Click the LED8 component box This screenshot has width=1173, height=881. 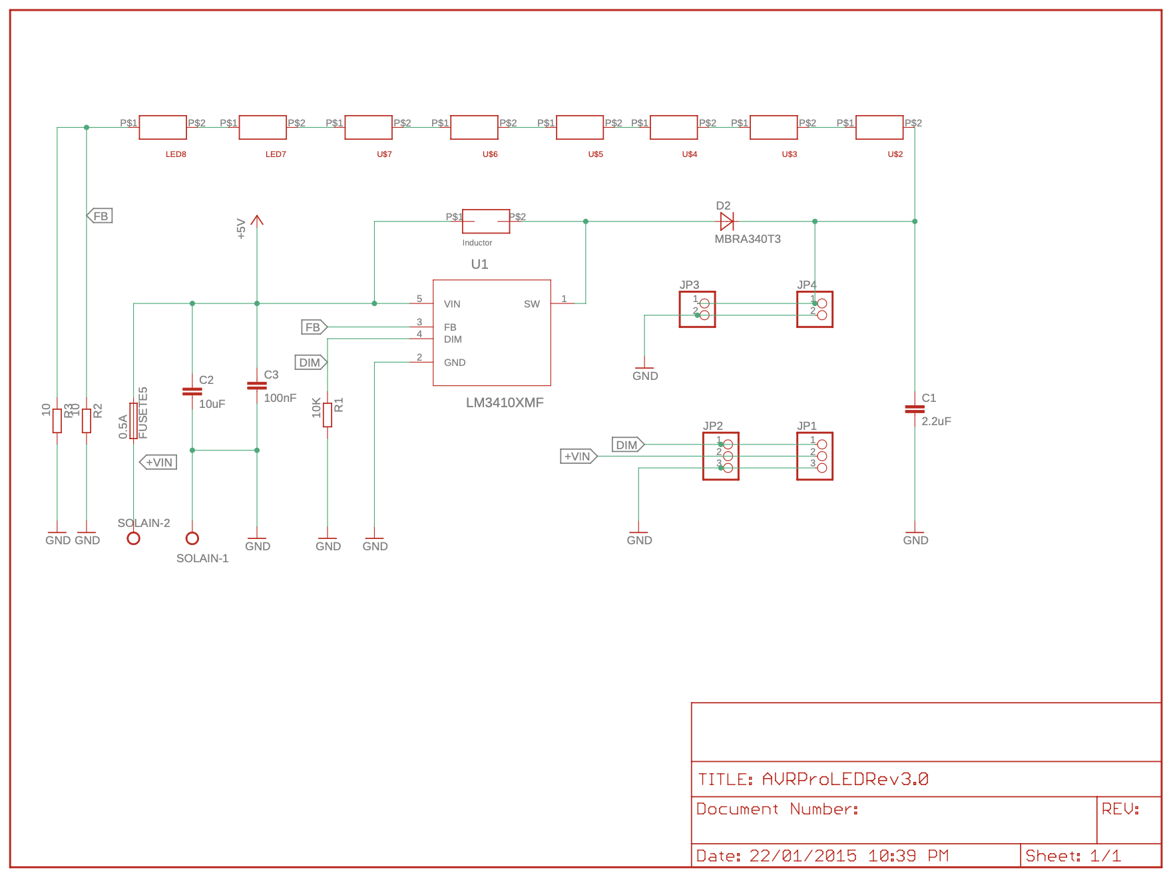pyautogui.click(x=162, y=127)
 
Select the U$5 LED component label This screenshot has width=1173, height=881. pyautogui.click(x=595, y=154)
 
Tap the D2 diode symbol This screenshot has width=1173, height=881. pyautogui.click(x=726, y=222)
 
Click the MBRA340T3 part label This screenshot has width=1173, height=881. pyautogui.click(x=747, y=239)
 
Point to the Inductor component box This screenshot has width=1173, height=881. pyautogui.click(x=486, y=221)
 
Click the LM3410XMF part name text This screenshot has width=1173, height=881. pyautogui.click(x=505, y=403)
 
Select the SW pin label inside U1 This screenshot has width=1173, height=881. pyautogui.click(x=531, y=304)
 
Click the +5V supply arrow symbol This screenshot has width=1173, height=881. pyautogui.click(x=257, y=220)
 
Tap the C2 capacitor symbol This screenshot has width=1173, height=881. pyautogui.click(x=192, y=391)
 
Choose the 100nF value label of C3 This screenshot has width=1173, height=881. pyautogui.click(x=280, y=398)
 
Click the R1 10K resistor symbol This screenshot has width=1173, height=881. pyautogui.click(x=328, y=415)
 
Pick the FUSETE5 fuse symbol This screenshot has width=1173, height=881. pyautogui.click(x=134, y=421)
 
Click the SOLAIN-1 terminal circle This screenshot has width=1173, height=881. pyautogui.click(x=192, y=538)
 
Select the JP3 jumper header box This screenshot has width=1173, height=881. pyautogui.click(x=697, y=309)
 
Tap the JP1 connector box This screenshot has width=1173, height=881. pyautogui.click(x=814, y=456)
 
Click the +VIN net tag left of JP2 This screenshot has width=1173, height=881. pyautogui.click(x=578, y=456)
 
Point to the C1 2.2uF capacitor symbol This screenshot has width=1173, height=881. pyautogui.click(x=915, y=409)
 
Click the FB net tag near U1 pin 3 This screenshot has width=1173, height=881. pyautogui.click(x=313, y=327)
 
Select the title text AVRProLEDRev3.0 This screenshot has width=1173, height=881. pyautogui.click(x=845, y=779)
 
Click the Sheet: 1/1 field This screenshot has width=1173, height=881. pyautogui.click(x=1072, y=856)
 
